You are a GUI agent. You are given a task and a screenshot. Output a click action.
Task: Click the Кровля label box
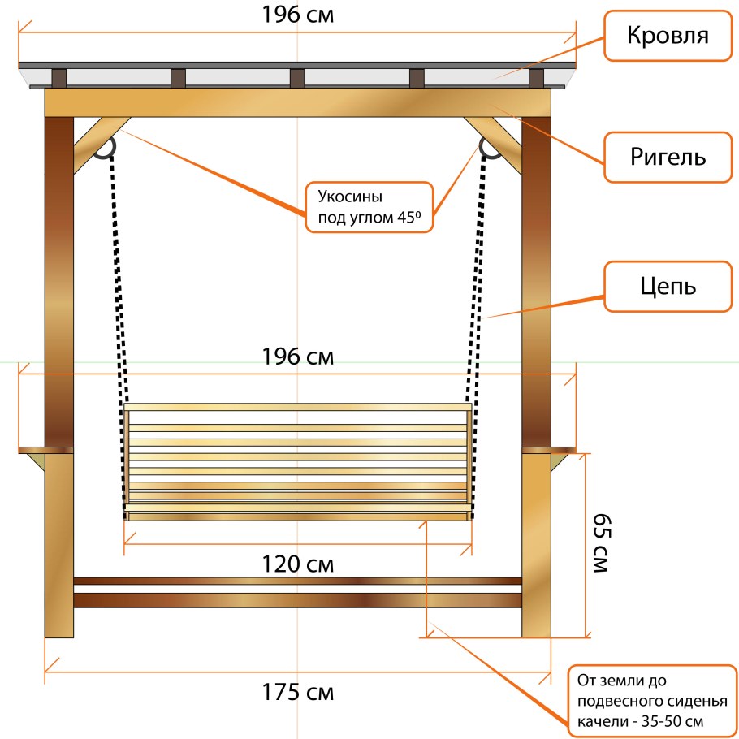tap(668, 36)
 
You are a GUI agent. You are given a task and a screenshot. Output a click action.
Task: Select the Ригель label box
tap(668, 157)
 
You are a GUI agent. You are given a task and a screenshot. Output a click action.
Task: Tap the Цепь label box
tap(668, 287)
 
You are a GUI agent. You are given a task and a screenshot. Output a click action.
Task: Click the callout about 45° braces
tap(370, 208)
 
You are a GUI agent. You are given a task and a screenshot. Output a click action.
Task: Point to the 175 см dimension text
tap(297, 693)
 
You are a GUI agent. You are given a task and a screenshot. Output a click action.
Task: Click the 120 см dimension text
tap(297, 564)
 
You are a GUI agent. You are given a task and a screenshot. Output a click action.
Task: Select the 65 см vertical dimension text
tap(600, 542)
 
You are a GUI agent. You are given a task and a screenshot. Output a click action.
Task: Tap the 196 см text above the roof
tap(297, 15)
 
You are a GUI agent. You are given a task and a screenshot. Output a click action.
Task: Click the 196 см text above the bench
tap(297, 357)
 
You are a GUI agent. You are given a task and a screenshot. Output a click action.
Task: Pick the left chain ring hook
tap(104, 148)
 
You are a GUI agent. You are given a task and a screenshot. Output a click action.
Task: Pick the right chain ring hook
tap(490, 148)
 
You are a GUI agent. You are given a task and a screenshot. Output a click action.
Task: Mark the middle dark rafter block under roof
tap(297, 78)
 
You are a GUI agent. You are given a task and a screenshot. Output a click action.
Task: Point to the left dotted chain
tap(119, 276)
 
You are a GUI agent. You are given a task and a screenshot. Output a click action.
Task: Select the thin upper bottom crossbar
tap(297, 581)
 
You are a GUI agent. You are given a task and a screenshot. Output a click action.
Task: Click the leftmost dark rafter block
tap(58, 78)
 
